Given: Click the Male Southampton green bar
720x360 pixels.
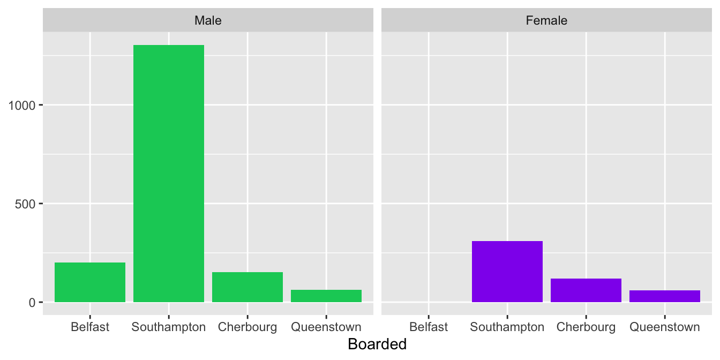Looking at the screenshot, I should click(169, 174).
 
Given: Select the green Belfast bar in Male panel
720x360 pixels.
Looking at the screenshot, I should click(90, 282).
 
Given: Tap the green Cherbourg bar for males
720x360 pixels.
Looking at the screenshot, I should click(247, 287).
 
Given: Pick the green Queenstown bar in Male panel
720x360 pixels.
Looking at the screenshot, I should click(326, 296).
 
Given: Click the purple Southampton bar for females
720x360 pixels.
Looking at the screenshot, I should click(507, 272).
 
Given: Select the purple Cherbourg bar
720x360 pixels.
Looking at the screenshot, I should click(586, 290).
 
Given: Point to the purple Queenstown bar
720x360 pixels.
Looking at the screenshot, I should click(665, 296).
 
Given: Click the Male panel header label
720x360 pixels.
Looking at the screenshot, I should click(208, 20).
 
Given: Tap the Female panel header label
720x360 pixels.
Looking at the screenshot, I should click(546, 20).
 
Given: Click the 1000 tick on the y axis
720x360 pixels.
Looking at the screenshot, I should click(22, 106).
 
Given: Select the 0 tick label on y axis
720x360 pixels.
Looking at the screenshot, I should click(32, 303).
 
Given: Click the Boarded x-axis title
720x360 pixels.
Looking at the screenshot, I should click(377, 344).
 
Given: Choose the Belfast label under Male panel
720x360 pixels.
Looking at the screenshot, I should click(90, 327).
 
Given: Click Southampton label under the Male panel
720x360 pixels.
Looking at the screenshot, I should click(169, 327).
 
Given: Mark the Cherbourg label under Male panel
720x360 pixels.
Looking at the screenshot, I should click(247, 327).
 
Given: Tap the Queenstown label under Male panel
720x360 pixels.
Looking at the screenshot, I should click(326, 327).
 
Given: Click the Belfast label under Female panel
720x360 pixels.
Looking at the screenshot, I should click(429, 327).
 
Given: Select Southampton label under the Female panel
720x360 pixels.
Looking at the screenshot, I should click(507, 327).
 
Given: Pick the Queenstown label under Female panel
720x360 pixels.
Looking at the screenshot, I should click(665, 327).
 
